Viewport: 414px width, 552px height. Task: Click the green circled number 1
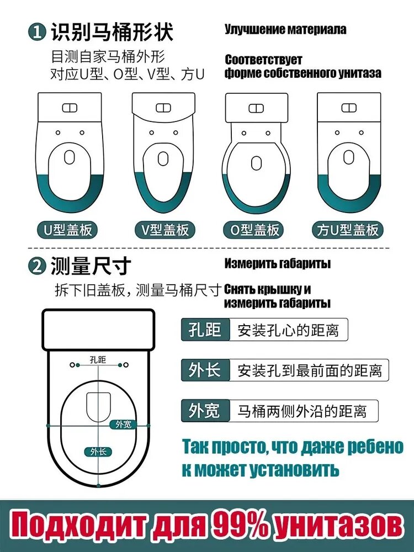tap(37, 32)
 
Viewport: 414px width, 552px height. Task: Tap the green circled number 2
tap(37, 267)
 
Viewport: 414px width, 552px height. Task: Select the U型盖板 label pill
tap(67, 230)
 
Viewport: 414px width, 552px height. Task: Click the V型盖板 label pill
tap(164, 230)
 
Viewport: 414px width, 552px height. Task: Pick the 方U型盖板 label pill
tap(347, 230)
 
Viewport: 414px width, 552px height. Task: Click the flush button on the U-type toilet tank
tap(70, 108)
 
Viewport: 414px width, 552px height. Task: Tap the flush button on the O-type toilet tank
tap(256, 108)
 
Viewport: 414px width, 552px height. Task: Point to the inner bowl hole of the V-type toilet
tap(163, 158)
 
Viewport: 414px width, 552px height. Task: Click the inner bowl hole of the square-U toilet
tap(348, 157)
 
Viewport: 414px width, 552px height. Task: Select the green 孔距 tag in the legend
tap(205, 330)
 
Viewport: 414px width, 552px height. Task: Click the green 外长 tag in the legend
tap(205, 370)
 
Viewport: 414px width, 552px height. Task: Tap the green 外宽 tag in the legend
tap(205, 411)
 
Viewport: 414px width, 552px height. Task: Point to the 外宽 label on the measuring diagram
tap(123, 424)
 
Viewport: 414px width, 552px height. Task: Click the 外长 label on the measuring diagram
tap(98, 452)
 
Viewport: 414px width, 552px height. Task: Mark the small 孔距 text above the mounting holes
tap(98, 359)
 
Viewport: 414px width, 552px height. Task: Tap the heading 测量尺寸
tap(91, 266)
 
